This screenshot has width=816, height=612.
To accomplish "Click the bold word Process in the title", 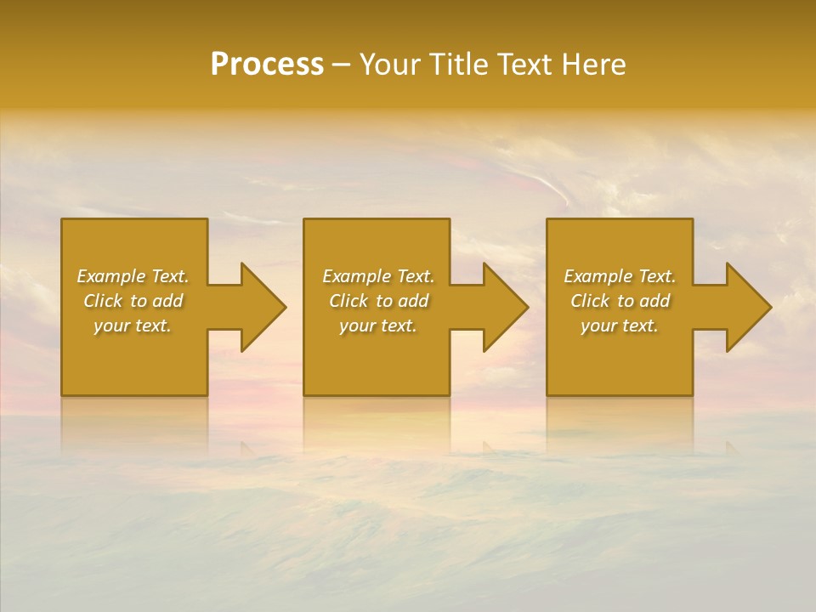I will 267,65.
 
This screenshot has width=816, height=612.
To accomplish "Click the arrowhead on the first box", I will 263,307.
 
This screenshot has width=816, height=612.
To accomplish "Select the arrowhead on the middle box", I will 506,307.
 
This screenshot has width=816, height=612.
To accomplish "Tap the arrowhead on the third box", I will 749,307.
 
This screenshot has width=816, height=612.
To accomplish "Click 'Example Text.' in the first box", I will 133,276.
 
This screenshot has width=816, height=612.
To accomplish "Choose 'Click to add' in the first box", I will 133,301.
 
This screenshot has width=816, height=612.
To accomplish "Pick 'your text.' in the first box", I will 133,326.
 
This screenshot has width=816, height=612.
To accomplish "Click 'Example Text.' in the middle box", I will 377,276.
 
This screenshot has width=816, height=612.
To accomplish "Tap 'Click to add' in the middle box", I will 377,301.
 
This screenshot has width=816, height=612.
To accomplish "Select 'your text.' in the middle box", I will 377,326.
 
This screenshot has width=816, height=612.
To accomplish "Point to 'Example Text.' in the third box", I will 620,276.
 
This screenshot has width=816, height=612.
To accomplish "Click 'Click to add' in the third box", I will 620,301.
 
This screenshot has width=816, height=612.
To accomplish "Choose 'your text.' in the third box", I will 620,326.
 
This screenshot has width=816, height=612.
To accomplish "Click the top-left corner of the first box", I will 62,220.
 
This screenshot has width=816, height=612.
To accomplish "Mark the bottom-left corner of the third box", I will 547,394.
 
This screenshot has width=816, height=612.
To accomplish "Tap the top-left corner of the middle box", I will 304,220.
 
